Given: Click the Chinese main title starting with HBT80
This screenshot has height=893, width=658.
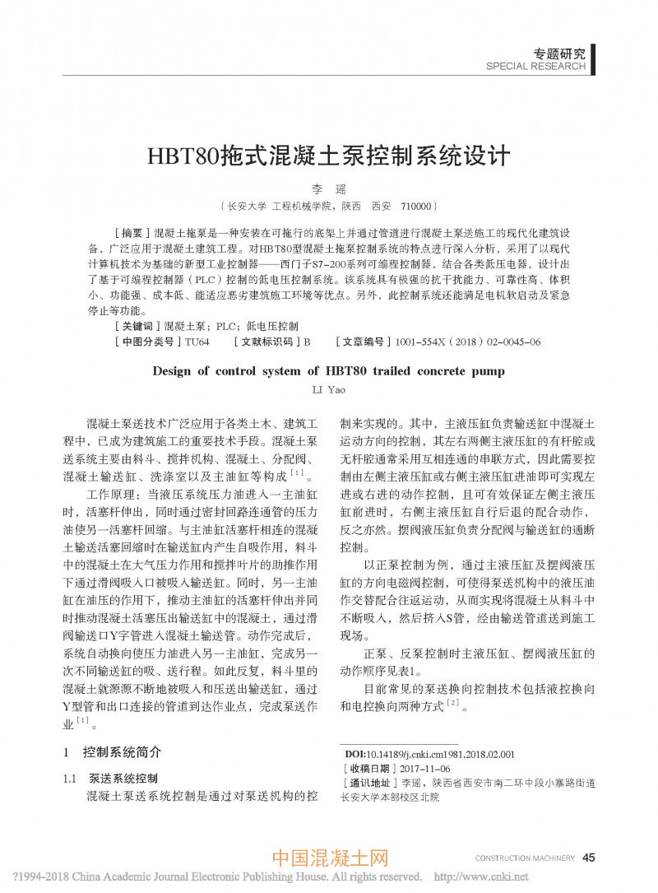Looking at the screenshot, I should click(x=328, y=156).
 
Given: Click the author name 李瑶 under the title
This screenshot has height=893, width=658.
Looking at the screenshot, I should click(x=328, y=189).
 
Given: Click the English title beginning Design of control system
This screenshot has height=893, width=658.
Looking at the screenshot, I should click(x=328, y=371).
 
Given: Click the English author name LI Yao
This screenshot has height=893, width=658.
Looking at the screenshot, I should click(x=328, y=388).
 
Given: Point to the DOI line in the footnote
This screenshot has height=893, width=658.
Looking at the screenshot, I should click(x=428, y=753).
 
